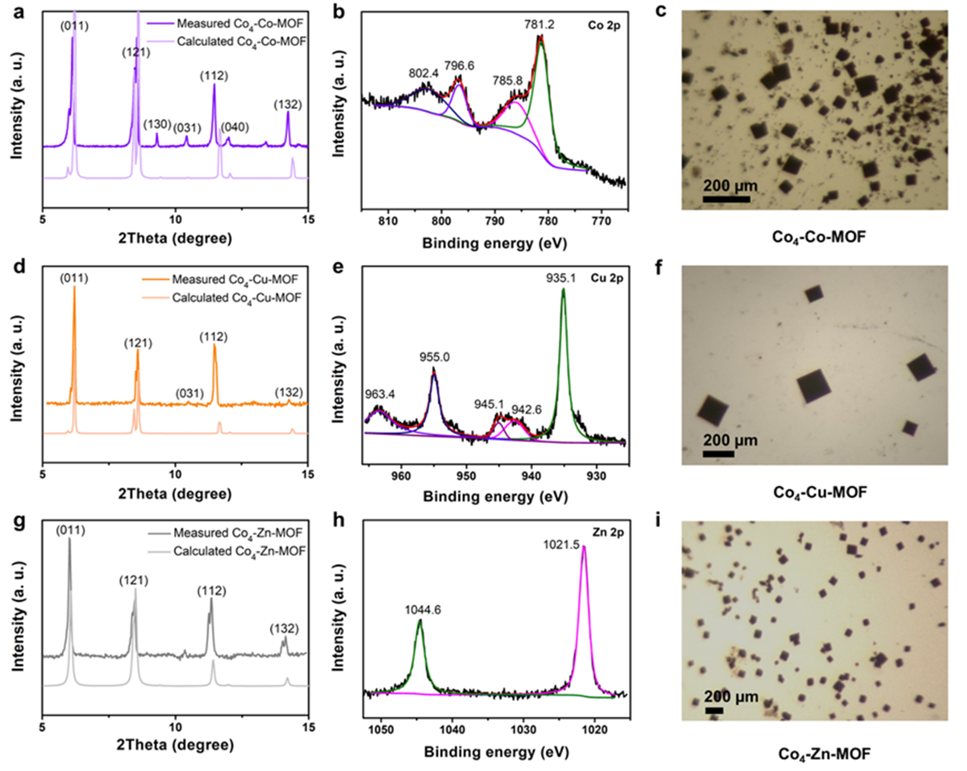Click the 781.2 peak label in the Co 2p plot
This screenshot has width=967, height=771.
(539, 24)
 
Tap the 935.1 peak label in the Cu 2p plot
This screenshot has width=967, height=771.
(561, 278)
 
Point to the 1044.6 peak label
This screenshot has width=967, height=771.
(423, 610)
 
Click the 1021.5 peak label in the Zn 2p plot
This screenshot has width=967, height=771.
(561, 545)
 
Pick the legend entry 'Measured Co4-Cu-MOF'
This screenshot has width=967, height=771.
(235, 280)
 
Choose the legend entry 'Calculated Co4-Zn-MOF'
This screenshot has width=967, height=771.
(239, 551)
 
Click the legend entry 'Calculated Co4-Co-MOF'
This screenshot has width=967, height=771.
(241, 42)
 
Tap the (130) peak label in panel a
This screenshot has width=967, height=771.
(157, 124)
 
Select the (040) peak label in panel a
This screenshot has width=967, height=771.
(235, 127)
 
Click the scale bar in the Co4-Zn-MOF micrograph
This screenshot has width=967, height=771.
(714, 711)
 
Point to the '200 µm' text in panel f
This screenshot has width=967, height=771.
(730, 441)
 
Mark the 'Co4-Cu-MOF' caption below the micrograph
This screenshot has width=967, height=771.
(820, 493)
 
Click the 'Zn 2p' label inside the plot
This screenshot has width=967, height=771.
(608, 532)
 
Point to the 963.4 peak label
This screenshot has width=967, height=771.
(380, 394)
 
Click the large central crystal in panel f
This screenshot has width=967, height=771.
(814, 386)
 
